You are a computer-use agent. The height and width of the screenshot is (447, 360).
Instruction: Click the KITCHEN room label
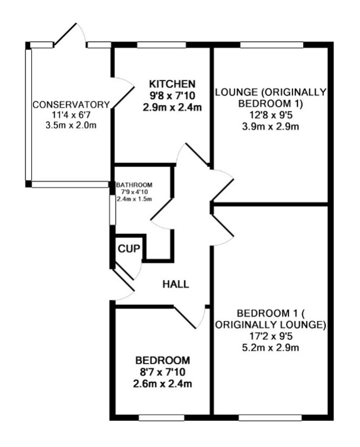pos(172,84)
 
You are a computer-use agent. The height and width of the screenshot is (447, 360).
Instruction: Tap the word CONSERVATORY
pos(71,105)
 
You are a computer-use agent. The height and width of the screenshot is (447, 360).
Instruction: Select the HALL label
pos(176,284)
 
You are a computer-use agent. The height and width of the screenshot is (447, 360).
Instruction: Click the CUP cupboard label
pos(129,249)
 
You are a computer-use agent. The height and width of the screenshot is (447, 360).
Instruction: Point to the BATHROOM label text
pos(134,185)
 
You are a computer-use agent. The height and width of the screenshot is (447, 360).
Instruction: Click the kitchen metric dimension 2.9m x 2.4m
pos(172,108)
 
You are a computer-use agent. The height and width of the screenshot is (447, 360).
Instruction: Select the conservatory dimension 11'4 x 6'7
pos(71,115)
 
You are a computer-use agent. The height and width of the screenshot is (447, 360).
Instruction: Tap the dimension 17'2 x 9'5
pos(270,337)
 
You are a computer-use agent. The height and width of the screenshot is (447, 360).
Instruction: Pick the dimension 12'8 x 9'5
pos(271,115)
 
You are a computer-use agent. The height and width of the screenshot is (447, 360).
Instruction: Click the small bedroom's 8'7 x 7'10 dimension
pos(163,372)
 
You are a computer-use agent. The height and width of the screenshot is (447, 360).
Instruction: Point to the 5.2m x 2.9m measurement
pos(270,348)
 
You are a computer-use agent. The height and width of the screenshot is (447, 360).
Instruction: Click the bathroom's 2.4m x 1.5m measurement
pos(134,199)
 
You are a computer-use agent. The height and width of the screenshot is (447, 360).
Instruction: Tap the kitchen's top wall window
pos(162,45)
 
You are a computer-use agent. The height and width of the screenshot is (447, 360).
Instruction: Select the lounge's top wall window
pos(272,45)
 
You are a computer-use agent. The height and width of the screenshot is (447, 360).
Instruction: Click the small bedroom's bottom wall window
pos(162,418)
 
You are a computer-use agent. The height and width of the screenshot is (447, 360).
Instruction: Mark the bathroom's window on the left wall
pos(113,210)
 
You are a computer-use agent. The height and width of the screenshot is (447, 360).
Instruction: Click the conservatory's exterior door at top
pos(69,35)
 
